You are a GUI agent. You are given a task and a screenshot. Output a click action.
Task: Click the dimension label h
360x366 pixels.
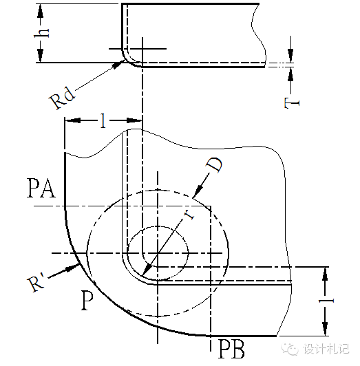(x=41, y=33)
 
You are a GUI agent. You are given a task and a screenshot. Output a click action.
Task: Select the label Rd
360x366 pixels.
(x=63, y=98)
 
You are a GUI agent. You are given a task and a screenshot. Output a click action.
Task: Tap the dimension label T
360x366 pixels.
(x=292, y=103)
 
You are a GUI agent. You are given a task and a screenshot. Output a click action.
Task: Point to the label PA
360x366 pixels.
(x=41, y=188)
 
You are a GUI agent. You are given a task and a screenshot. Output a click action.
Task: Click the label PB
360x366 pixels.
(x=231, y=349)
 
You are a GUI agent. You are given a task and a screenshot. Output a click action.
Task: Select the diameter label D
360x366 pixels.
(x=215, y=165)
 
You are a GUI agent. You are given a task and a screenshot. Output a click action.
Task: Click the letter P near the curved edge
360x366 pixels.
(x=87, y=300)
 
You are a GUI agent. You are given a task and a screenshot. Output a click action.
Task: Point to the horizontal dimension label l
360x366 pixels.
(x=103, y=120)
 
